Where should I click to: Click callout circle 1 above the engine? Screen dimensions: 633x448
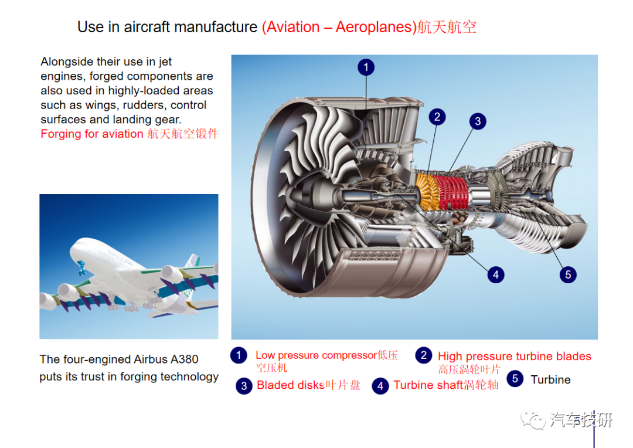[x=366, y=67]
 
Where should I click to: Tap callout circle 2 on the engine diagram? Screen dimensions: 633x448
[x=437, y=117]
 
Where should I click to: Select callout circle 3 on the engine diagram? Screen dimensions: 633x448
[x=478, y=121]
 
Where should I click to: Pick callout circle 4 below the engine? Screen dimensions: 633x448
[x=496, y=275]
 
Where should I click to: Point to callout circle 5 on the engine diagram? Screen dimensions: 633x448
[x=568, y=275]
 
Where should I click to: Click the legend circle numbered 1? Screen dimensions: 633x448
[x=239, y=355]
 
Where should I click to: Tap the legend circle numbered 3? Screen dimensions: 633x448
[x=244, y=386]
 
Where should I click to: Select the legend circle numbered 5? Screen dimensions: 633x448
[x=515, y=379]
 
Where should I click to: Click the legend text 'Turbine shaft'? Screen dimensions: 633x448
[x=428, y=385]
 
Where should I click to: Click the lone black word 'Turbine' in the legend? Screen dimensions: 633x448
[x=550, y=380]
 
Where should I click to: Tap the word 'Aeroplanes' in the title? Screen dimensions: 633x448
[x=374, y=27]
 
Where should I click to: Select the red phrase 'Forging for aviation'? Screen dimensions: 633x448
[x=92, y=134]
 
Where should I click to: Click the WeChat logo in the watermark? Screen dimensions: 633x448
[x=533, y=420]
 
